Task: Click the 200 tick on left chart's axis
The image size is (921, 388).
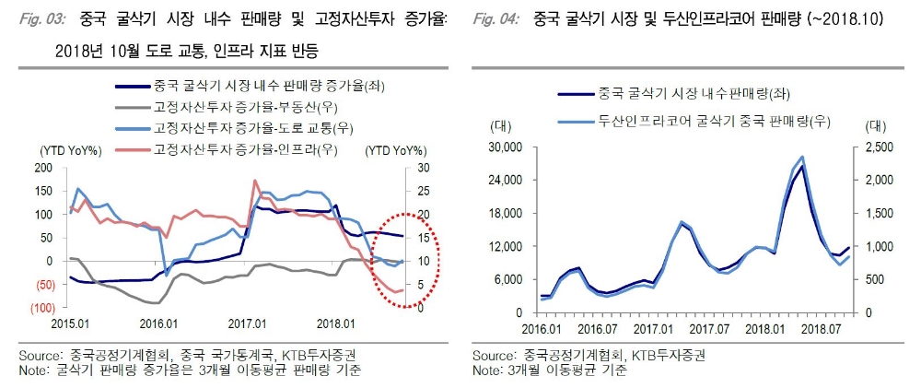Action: [x=44, y=168]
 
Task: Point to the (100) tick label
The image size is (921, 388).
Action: [x=41, y=308]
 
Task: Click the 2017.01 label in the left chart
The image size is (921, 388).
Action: [x=248, y=323]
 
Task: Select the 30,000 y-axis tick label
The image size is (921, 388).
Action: [x=505, y=147]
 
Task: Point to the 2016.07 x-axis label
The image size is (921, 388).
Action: [x=600, y=329]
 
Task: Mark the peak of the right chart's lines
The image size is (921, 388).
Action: [x=802, y=158]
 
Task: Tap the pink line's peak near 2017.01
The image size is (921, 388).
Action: [x=254, y=181]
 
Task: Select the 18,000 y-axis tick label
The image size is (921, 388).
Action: [x=505, y=214]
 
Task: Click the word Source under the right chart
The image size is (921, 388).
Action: [x=491, y=356]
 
